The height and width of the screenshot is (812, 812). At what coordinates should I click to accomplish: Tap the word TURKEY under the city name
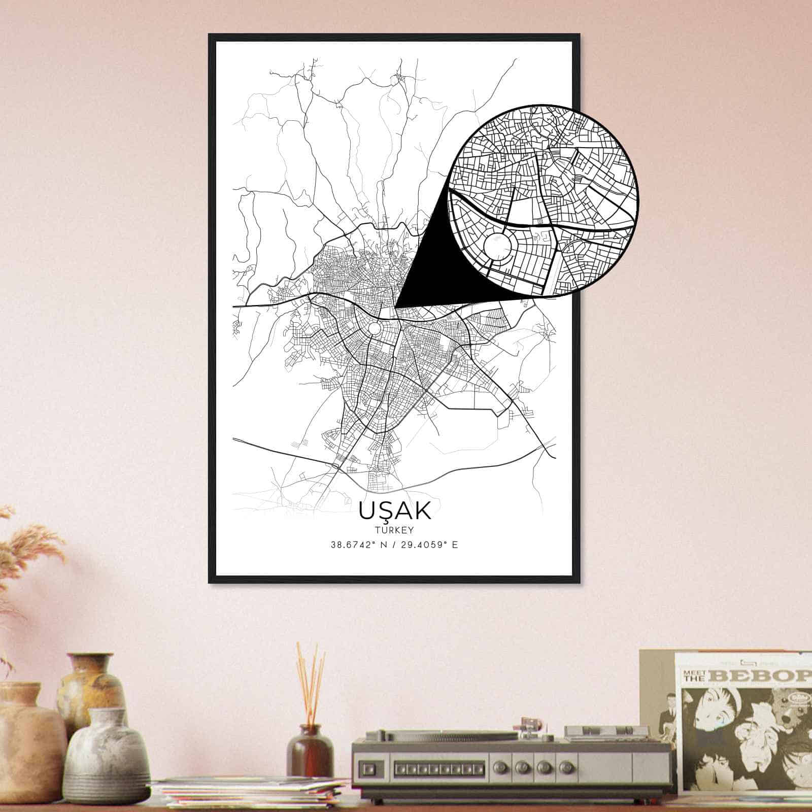coord(395,530)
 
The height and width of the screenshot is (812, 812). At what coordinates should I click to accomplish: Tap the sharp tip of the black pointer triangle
coord(396,306)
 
